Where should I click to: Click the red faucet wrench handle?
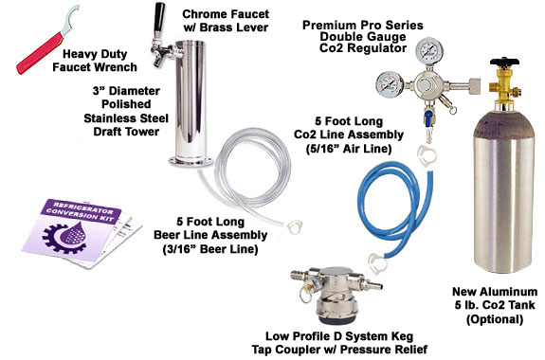(40, 53)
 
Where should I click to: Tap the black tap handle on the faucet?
(159, 16)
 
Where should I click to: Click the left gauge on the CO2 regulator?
(390, 84)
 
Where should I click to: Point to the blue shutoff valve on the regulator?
(428, 117)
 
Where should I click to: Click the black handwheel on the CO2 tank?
(504, 63)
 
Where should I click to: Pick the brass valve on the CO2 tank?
(503, 87)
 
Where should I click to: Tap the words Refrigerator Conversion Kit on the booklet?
(81, 210)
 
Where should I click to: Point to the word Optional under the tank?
(495, 319)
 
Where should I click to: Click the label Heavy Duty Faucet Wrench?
(95, 61)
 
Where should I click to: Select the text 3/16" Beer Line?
(210, 249)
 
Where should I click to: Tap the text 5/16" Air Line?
(349, 149)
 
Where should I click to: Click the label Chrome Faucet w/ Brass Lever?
(226, 21)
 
